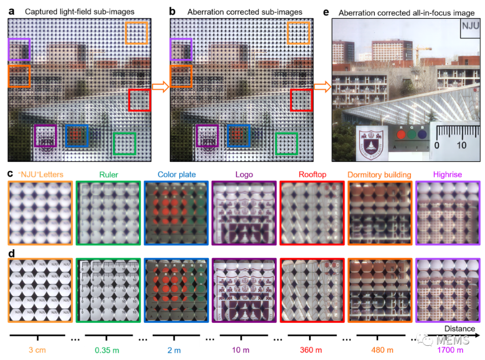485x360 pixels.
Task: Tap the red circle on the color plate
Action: tap(401, 134)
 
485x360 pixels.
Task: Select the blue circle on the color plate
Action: tap(422, 134)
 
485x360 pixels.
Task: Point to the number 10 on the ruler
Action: tap(461, 145)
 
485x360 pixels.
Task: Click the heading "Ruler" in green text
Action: tap(109, 175)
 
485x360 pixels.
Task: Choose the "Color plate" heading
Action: tap(176, 175)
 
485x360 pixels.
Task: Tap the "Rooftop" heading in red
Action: tap(312, 175)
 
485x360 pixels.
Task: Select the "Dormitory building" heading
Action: tap(379, 175)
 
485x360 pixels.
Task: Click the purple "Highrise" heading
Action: tap(447, 175)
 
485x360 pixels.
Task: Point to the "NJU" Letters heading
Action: tap(40, 175)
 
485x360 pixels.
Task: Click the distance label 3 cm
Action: tap(37, 350)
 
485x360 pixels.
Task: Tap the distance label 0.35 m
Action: tap(107, 350)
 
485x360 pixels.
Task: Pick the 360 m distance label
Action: tap(311, 350)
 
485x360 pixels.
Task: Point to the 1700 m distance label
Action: tap(449, 350)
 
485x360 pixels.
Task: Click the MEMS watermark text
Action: tap(452, 340)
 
